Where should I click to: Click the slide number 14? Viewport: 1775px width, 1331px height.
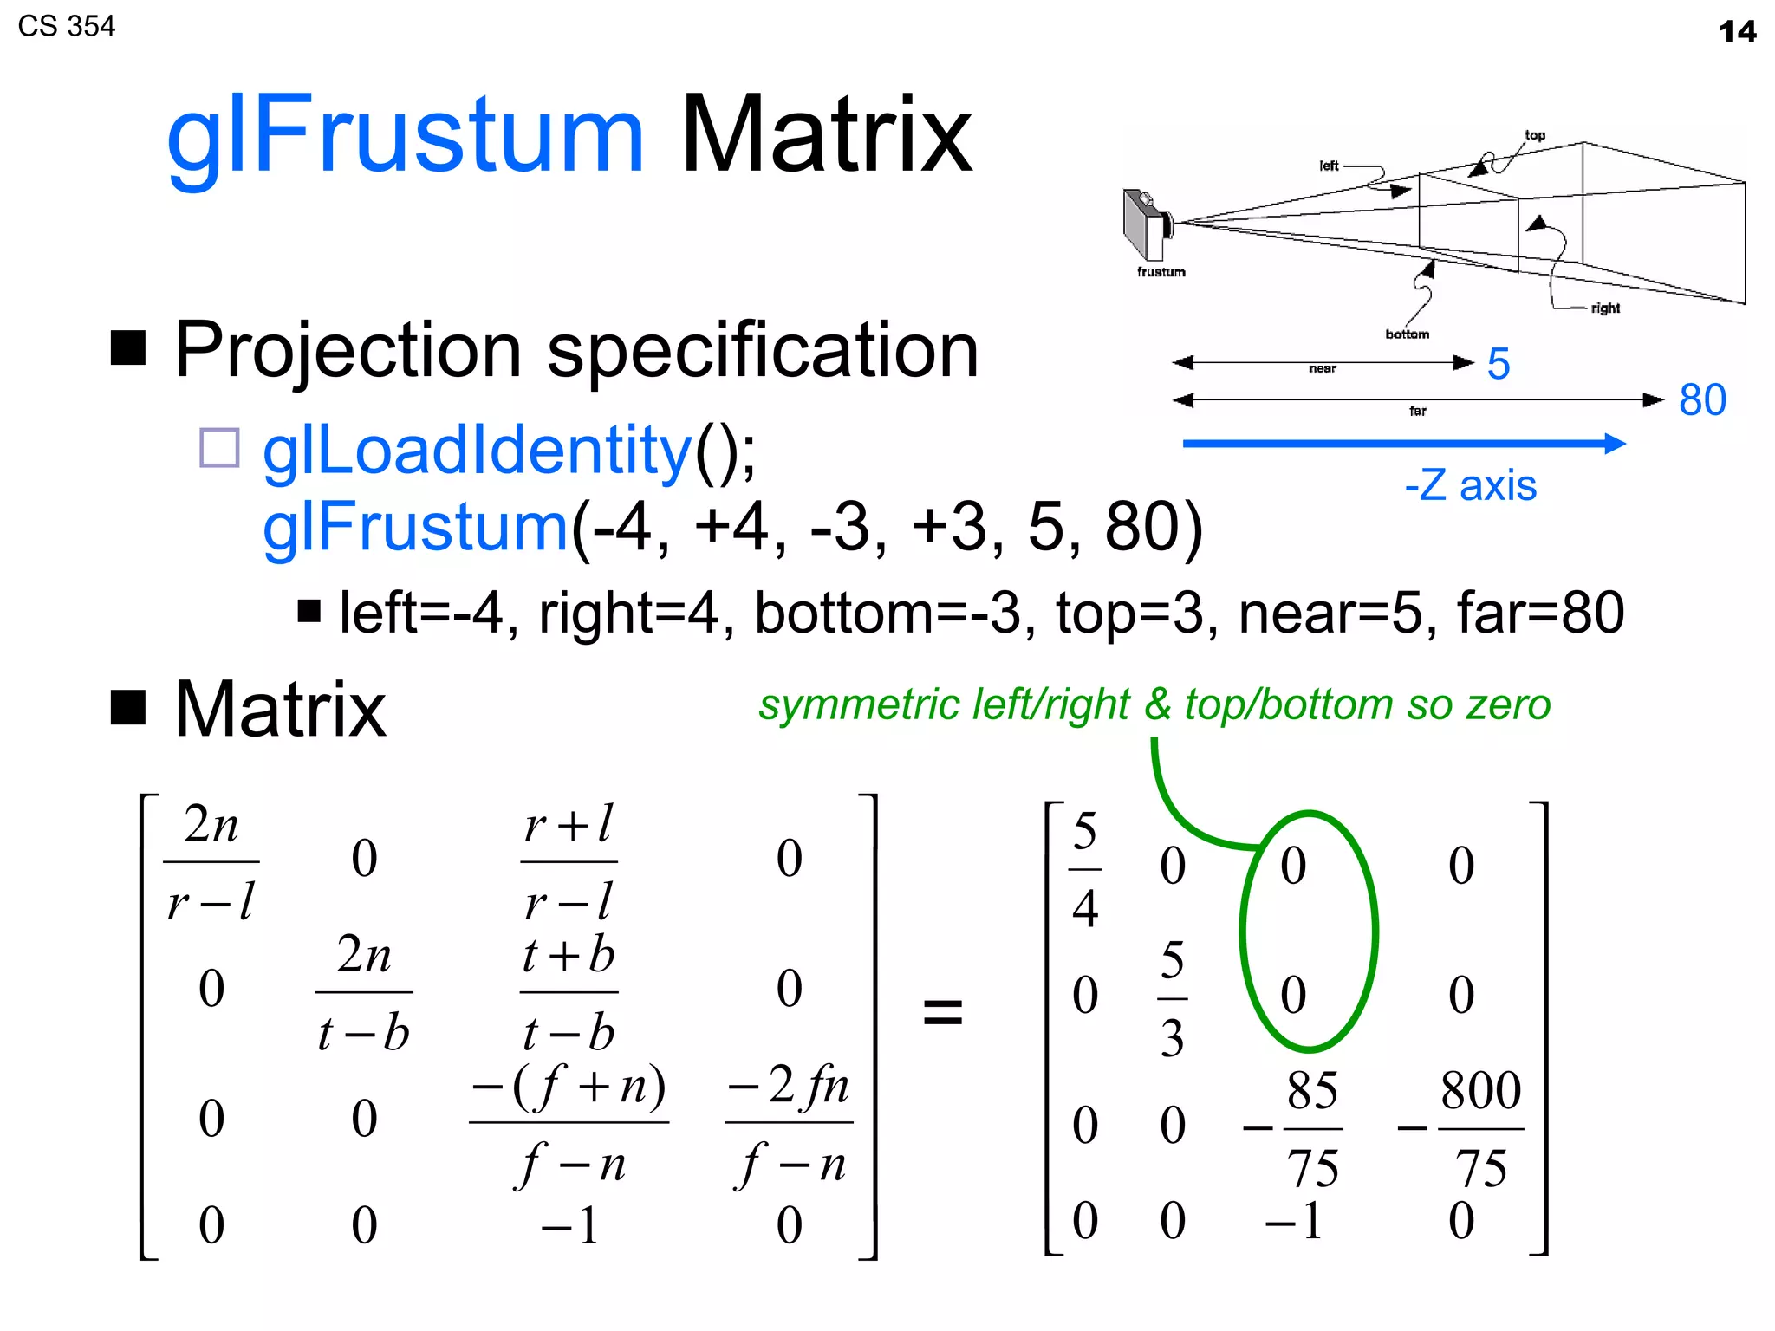point(1737,32)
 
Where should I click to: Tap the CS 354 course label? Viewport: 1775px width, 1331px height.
point(66,26)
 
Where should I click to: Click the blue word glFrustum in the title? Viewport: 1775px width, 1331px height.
point(405,136)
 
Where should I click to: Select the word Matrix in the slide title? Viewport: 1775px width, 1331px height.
point(826,136)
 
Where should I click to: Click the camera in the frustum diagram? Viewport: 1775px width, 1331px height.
point(1147,224)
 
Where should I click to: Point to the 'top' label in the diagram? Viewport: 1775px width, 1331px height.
point(1535,135)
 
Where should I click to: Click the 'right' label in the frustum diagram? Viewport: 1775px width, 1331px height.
point(1605,308)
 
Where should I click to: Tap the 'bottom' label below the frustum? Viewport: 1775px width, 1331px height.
point(1407,334)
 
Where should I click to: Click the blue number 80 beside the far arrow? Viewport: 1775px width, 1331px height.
point(1702,399)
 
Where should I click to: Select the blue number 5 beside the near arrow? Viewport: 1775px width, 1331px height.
point(1499,363)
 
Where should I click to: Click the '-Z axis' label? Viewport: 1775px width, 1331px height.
point(1470,485)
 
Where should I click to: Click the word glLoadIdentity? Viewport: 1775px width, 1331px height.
point(477,451)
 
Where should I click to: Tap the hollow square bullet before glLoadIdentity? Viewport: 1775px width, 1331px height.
point(219,448)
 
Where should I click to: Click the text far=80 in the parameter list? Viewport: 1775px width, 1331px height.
point(1540,613)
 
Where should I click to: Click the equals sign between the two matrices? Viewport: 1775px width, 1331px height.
point(943,1011)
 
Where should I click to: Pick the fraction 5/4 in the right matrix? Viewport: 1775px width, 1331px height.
point(1085,869)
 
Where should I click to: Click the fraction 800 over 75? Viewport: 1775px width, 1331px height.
point(1479,1128)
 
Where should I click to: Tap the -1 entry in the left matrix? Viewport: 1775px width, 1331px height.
point(569,1225)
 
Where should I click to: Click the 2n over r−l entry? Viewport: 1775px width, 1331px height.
point(211,862)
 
